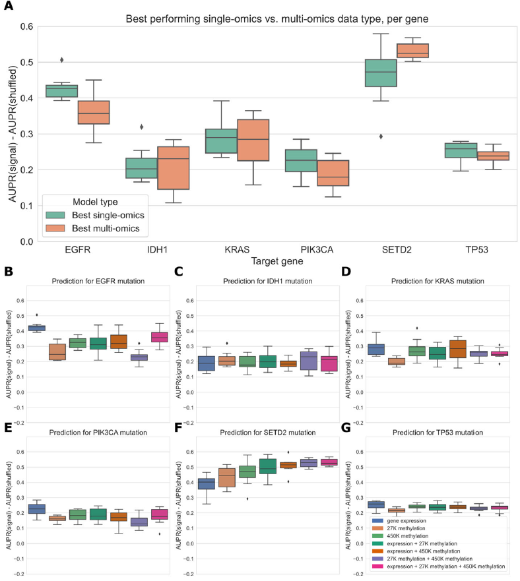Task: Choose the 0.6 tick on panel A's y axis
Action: pyautogui.click(x=27, y=26)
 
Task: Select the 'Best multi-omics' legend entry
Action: pyautogui.click(x=104, y=229)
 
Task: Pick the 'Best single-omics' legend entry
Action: pyautogui.click(x=104, y=215)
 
